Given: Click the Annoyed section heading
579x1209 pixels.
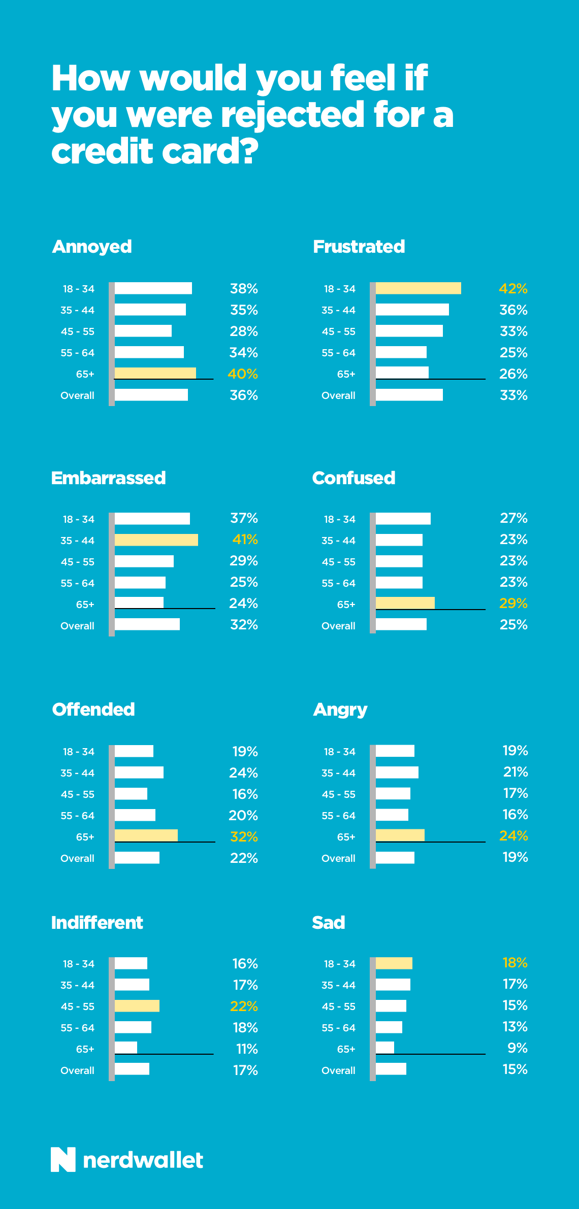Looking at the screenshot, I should click(x=92, y=247).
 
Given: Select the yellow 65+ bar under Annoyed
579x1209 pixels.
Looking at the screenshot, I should click(x=155, y=373).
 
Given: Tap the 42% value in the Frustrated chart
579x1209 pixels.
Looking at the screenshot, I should click(x=513, y=289).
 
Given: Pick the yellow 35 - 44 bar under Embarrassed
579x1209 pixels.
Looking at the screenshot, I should click(x=156, y=540).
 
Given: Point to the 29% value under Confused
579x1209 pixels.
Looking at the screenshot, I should click(x=513, y=603).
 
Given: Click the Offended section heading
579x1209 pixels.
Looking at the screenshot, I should click(x=93, y=710).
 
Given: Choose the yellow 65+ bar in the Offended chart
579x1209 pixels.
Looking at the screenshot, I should click(x=146, y=835).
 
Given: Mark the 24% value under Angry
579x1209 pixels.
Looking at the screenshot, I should click(x=513, y=836).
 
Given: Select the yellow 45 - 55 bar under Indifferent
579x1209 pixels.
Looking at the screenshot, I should click(x=137, y=1006).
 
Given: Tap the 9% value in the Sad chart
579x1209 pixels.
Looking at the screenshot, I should click(x=518, y=1048).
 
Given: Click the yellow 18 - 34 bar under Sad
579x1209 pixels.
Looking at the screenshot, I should click(x=394, y=963).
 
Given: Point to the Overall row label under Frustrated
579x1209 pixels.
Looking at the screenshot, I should click(x=338, y=395).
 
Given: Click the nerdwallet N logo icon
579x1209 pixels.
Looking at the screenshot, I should click(x=63, y=1160).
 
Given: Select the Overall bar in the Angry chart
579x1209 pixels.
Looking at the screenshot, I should click(x=395, y=858).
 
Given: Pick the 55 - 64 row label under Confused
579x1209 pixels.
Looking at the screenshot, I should click(x=338, y=583).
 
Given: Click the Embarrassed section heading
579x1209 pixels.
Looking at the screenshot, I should click(x=108, y=478).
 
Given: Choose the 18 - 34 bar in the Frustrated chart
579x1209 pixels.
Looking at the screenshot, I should click(x=418, y=288).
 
